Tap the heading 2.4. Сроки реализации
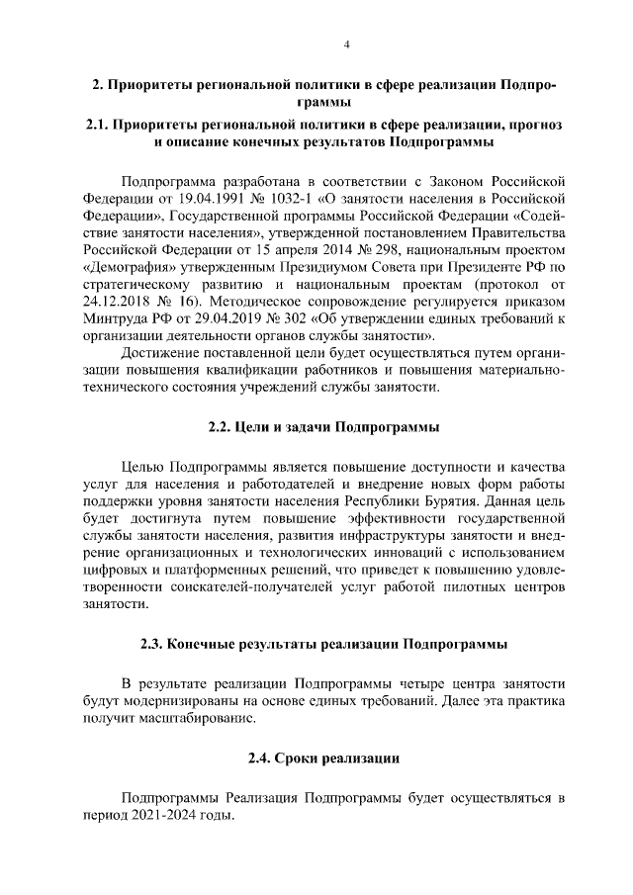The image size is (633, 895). coord(323,759)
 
